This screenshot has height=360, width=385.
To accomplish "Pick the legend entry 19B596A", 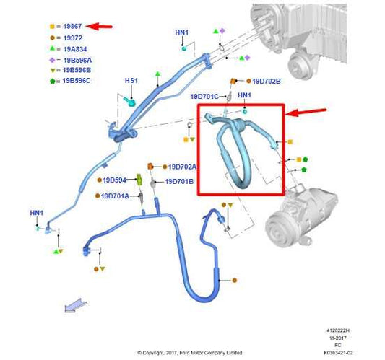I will point(76,60).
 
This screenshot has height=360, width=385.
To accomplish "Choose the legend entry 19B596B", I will point(76,71).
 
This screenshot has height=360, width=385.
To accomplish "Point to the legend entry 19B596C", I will point(76,82).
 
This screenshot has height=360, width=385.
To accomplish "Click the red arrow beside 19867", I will point(103,27).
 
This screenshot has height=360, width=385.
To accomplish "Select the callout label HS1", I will point(131,81).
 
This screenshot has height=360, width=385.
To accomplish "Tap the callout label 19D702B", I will point(267,82).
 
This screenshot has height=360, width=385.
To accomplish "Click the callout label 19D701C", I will point(205,95).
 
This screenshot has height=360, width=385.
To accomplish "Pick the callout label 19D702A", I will point(183,167).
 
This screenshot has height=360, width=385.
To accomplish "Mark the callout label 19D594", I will point(114,180).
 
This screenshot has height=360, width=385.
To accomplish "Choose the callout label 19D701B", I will point(180,182).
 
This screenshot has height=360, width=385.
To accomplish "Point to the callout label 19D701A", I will point(115,196).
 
